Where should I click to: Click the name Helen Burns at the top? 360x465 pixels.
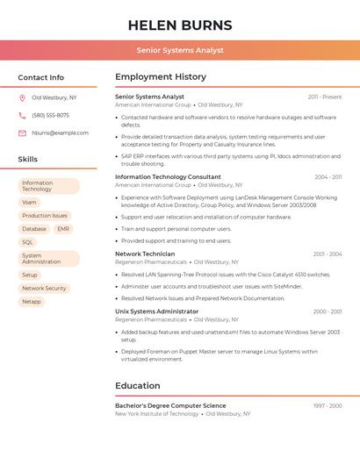click(x=180, y=25)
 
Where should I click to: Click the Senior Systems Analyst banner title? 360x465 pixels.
click(x=180, y=50)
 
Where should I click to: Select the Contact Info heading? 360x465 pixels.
click(x=41, y=77)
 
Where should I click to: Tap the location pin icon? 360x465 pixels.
click(x=22, y=98)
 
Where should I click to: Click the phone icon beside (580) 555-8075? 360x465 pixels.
click(x=22, y=116)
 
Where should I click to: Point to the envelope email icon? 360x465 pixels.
click(x=22, y=133)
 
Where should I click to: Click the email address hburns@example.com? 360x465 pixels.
click(x=61, y=133)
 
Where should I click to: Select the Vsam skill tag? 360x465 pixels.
click(x=30, y=203)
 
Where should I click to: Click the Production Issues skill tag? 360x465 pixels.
click(x=45, y=216)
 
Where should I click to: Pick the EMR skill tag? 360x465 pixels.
click(x=63, y=229)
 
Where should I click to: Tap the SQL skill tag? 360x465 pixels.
click(x=28, y=242)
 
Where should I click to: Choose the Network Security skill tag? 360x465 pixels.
click(x=44, y=289)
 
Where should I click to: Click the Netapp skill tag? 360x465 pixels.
click(x=32, y=302)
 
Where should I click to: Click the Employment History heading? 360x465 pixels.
click(x=161, y=77)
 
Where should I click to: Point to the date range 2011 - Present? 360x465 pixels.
click(x=325, y=97)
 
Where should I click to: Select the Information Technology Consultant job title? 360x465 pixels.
click(x=168, y=177)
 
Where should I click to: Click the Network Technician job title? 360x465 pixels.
click(x=145, y=254)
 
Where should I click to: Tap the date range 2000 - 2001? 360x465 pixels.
click(x=328, y=311)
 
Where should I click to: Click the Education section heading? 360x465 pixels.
click(x=138, y=386)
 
